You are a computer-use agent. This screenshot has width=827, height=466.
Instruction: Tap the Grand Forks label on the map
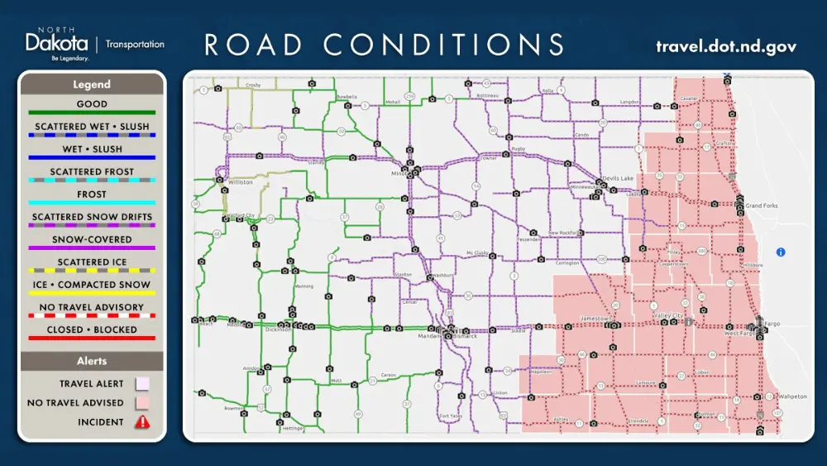tap(762, 205)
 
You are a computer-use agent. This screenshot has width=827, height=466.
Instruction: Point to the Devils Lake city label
tap(617, 179)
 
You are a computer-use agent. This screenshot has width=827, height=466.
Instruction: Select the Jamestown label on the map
tap(595, 318)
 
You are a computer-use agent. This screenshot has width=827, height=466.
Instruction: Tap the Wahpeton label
tap(792, 396)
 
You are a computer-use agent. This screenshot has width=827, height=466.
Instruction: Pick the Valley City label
tap(669, 316)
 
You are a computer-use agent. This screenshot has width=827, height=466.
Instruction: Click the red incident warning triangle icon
tap(142, 422)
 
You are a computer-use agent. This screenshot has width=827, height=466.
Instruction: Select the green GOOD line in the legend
tap(92, 113)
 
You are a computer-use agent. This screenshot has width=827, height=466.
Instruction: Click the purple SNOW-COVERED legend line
tap(92, 247)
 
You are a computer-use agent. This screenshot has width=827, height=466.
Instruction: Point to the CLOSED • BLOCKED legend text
tap(92, 329)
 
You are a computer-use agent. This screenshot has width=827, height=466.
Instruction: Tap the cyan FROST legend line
tap(92, 203)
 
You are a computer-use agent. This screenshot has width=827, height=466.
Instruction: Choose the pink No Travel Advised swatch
tap(142, 403)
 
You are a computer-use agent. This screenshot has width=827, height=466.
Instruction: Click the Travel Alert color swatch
tap(142, 384)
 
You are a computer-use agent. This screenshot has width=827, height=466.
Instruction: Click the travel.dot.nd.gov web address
tap(725, 46)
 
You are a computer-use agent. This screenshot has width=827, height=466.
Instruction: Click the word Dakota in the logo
tap(56, 43)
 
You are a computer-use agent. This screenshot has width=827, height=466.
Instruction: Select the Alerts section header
tap(92, 361)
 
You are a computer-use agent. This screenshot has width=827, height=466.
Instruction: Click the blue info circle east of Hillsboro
tap(781, 252)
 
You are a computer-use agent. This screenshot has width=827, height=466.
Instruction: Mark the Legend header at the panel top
tap(92, 84)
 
